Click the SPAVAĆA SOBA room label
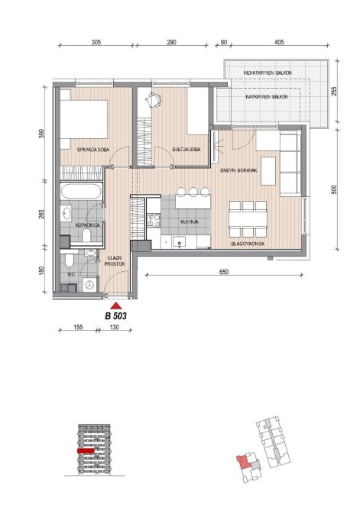coord(93,150)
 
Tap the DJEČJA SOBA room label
coord(186,149)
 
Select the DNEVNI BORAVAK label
coord(238,170)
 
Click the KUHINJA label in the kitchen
coord(190,221)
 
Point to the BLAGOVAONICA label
coord(248,244)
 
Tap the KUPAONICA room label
coord(87,225)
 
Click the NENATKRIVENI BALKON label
coord(268,73)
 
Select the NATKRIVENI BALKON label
coord(267,96)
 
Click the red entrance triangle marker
coord(116,306)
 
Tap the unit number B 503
coord(115,316)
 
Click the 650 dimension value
coord(224,272)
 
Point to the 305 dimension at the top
coord(96,42)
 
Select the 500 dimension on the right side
coord(334,189)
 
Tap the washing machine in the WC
coord(89,285)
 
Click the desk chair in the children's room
coord(154,100)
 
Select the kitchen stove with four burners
coord(154,221)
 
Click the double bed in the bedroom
coord(84,119)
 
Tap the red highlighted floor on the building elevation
coord(86,451)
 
